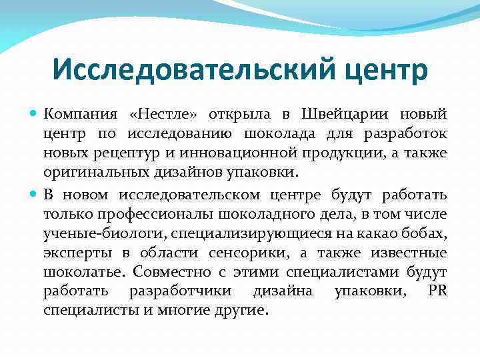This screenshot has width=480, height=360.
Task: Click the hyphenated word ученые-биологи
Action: tap(105, 234)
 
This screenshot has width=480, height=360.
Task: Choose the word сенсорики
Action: tap(247, 253)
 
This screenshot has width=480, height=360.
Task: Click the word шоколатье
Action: tap(83, 273)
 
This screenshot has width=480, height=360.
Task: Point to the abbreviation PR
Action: tap(437, 291)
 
